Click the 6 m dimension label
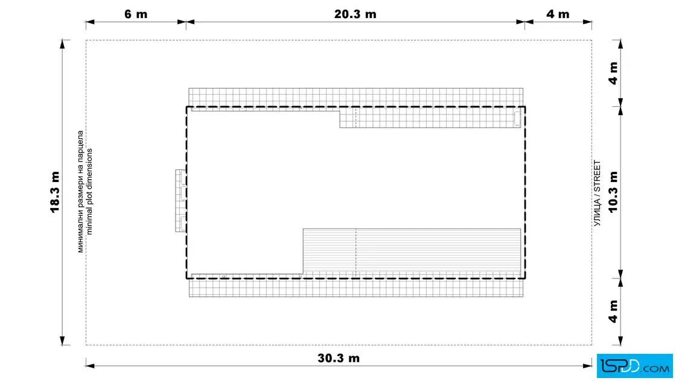[136, 14]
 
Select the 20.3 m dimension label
[356, 14]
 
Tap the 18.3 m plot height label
[55, 192]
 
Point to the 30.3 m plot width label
[339, 358]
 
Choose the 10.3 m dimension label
[613, 192]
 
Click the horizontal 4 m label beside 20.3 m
[558, 14]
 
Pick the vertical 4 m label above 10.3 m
[613, 73]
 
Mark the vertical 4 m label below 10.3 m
[613, 311]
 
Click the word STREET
[597, 175]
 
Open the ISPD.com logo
[634, 366]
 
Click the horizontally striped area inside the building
[412, 251]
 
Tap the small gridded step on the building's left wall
[180, 201]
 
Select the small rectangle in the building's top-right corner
[517, 119]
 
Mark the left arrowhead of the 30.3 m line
[90, 366]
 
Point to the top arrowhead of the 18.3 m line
[63, 45]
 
